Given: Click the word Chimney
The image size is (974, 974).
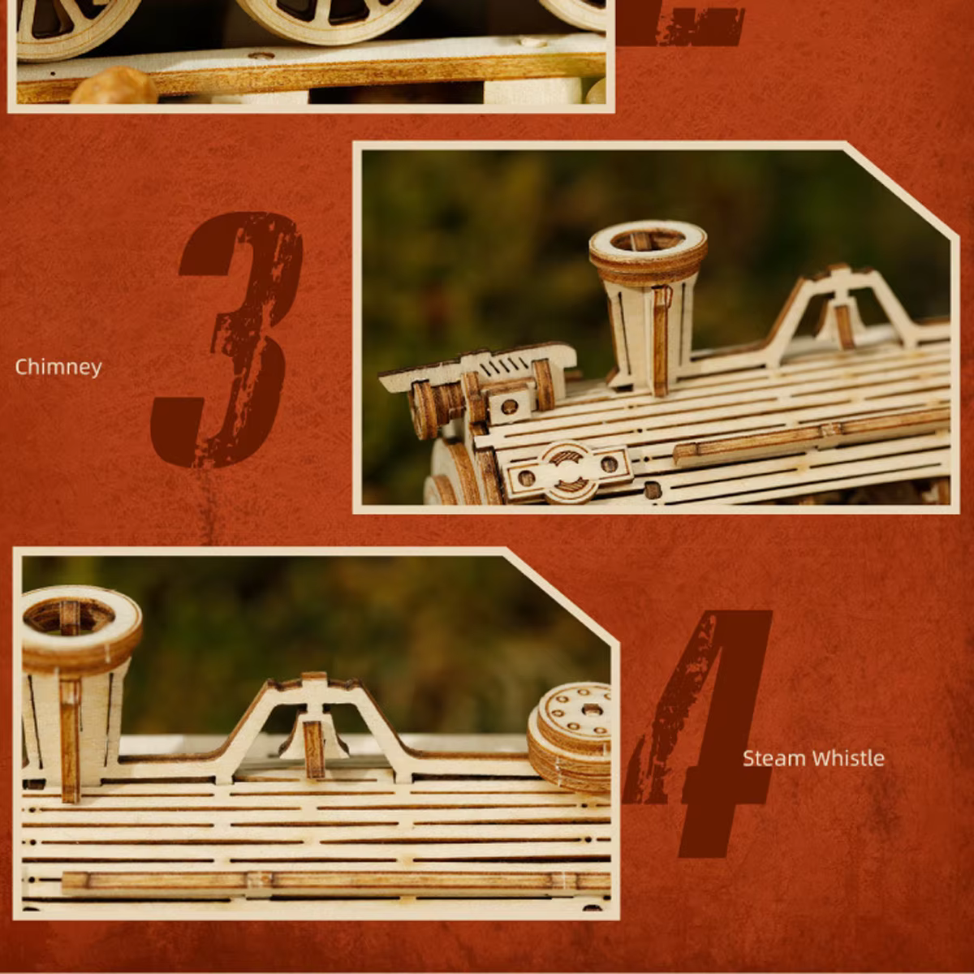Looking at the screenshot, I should click(58, 367).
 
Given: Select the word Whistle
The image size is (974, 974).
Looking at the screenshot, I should click(848, 758).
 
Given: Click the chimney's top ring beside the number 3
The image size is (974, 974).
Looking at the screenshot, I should click(648, 243).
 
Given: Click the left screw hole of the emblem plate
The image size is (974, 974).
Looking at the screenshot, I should click(527, 476).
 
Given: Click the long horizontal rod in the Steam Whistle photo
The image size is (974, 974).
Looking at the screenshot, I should click(333, 881).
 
